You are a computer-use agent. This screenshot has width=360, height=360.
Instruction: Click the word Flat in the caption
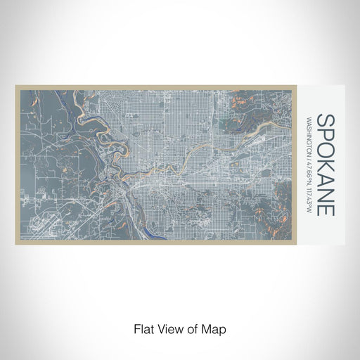(142, 328)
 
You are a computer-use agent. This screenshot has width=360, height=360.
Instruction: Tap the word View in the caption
(167, 328)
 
